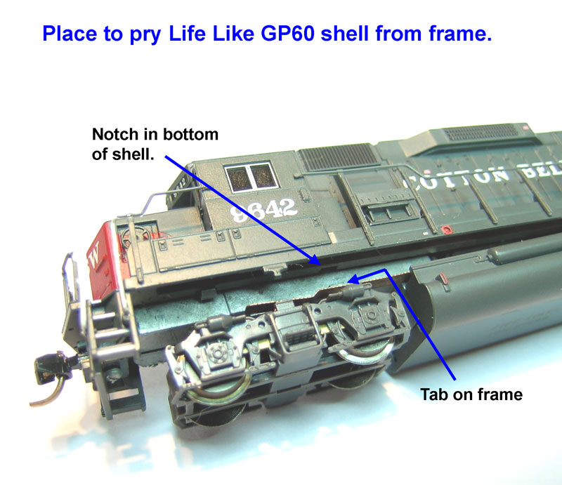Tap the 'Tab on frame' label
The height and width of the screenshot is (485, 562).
pyautogui.click(x=471, y=394)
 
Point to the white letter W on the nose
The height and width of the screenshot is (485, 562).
pyautogui.click(x=95, y=251)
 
